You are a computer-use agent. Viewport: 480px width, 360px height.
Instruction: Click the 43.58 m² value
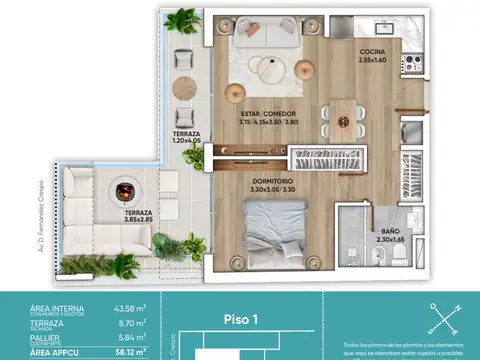point(126,308)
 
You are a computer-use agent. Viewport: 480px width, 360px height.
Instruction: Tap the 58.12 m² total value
point(126,353)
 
